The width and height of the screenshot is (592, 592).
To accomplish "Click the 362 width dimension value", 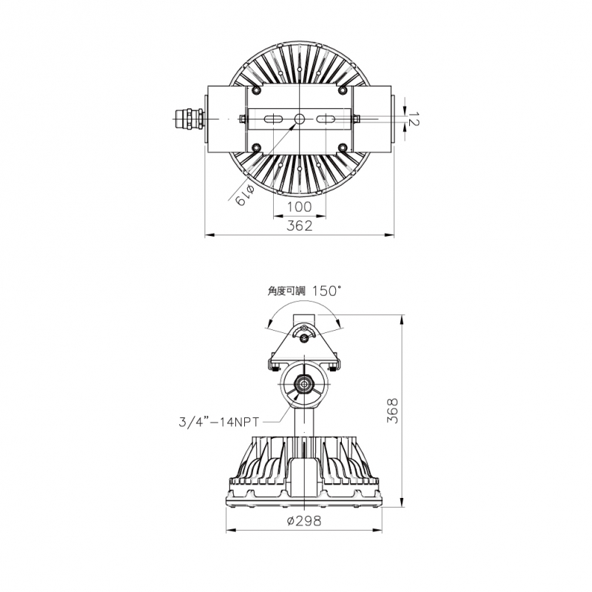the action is pos(300,226).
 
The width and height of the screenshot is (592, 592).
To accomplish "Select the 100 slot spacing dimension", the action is pos(300,207).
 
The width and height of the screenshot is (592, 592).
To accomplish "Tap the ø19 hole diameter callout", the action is pos(245,195).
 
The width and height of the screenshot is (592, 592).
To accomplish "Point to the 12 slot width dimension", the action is pos(414,118).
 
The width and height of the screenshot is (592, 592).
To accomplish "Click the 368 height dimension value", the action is pos(393,411).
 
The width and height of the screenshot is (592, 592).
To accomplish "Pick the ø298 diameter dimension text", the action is pos(304,521).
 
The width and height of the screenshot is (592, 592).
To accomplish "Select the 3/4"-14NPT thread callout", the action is pos(219,422).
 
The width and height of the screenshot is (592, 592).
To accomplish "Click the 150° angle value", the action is pos(327,291).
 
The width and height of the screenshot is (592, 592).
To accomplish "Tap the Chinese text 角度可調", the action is pos(286,292).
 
